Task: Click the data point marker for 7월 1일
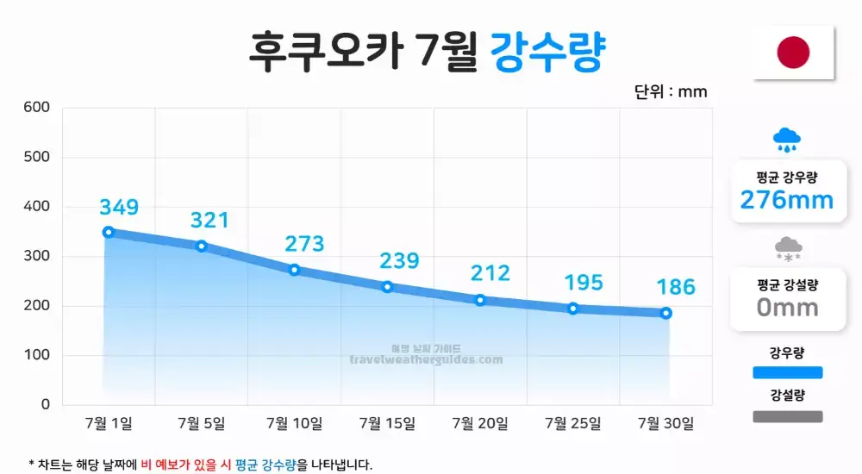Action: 109,232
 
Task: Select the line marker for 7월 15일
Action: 387,287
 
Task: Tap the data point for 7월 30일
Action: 666,313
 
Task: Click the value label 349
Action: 119,207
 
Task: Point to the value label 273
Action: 304,244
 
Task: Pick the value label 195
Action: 584,283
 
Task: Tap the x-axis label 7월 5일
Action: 201,423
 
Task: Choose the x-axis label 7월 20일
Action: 480,423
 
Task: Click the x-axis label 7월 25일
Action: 573,423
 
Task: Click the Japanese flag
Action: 793,53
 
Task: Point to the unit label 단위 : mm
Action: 671,91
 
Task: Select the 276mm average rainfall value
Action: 787,201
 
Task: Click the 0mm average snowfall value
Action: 787,307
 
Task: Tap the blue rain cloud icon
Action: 786,139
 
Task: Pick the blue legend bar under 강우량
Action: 787,372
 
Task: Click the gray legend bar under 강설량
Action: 787,416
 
